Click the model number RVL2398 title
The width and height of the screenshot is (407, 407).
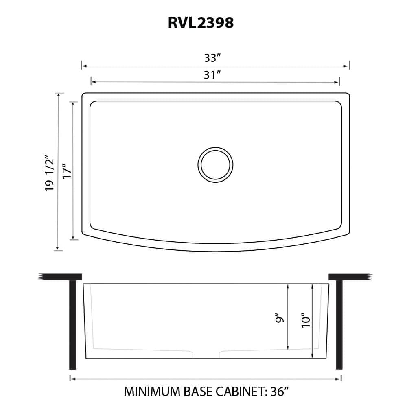pyautogui.click(x=201, y=23)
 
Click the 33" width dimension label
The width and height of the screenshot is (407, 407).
pyautogui.click(x=212, y=58)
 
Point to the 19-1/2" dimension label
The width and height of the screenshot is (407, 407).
pyautogui.click(x=50, y=173)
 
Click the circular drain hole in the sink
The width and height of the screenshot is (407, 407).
pyautogui.click(x=215, y=165)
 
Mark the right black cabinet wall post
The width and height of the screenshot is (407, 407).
pyautogui.click(x=339, y=324)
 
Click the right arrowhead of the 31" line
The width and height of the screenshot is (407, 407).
pyautogui.click(x=337, y=82)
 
